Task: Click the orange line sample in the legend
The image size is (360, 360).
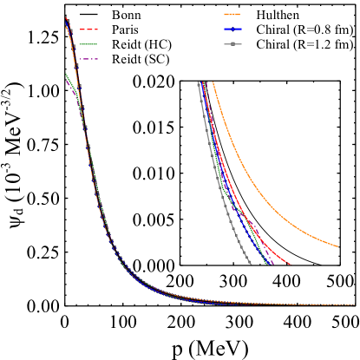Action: (232, 15)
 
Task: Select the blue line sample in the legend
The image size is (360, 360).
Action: (232, 29)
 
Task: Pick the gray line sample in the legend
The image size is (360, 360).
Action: (232, 44)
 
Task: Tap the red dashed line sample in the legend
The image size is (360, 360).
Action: (89, 29)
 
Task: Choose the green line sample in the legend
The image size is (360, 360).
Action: (89, 44)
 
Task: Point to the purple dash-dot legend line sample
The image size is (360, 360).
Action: (89, 59)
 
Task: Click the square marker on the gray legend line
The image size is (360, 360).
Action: (232, 44)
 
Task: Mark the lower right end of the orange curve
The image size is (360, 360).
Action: (337, 246)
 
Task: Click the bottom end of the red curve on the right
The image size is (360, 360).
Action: (291, 264)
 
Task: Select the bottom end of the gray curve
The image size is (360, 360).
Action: (252, 264)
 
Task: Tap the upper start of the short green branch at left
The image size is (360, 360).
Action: (66, 74)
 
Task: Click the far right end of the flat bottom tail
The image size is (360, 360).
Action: (354, 304)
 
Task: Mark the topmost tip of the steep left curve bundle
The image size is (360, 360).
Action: (66, 16)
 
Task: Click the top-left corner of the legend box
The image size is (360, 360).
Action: (80, 7)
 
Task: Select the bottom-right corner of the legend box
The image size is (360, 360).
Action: (353, 66)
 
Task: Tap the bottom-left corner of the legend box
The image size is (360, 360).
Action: (80, 66)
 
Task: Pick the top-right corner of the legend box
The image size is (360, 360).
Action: (353, 7)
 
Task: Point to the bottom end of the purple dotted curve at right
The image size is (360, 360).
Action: (273, 264)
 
